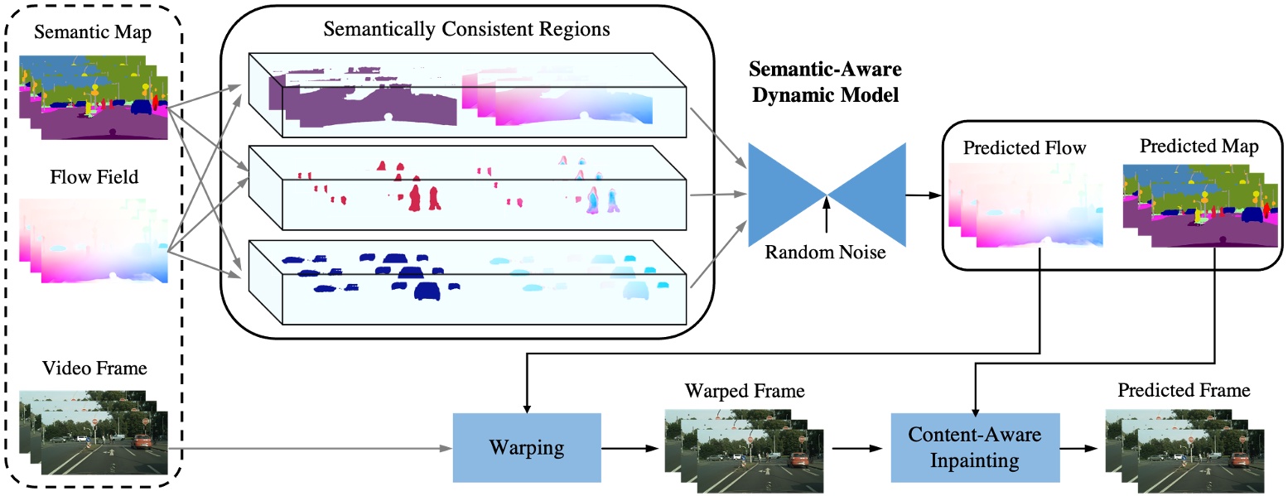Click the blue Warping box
click(x=527, y=448)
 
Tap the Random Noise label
click(x=825, y=253)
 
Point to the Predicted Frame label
click(x=1184, y=389)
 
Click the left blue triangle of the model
click(x=784, y=195)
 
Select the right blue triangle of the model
click(x=866, y=195)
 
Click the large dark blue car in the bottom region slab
click(x=426, y=291)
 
